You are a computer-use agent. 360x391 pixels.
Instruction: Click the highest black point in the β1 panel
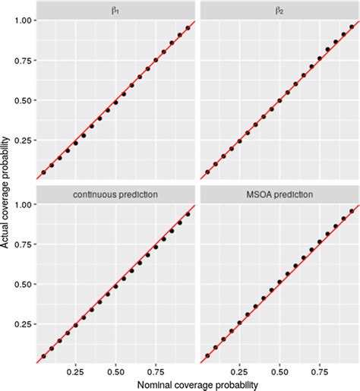[188, 28]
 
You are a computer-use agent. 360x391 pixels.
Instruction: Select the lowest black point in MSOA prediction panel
[207, 355]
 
